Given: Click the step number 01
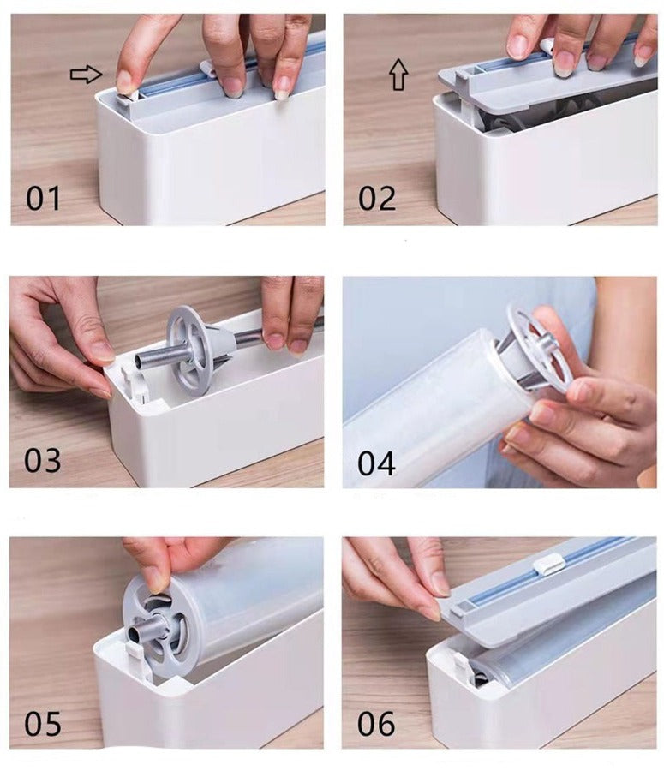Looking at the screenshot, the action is (x=43, y=198).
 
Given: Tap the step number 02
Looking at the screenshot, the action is (x=377, y=198).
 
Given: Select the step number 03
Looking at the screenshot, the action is (x=42, y=461).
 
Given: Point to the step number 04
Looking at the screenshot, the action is (x=376, y=463).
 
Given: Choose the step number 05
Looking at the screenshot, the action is (x=43, y=724).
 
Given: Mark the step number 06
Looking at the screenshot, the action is (x=376, y=724).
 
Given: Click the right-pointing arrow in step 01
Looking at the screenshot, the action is (x=86, y=75).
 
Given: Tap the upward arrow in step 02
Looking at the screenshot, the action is (x=399, y=75).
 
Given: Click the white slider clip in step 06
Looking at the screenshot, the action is (x=549, y=563).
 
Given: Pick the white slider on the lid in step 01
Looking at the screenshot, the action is (x=207, y=69).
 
